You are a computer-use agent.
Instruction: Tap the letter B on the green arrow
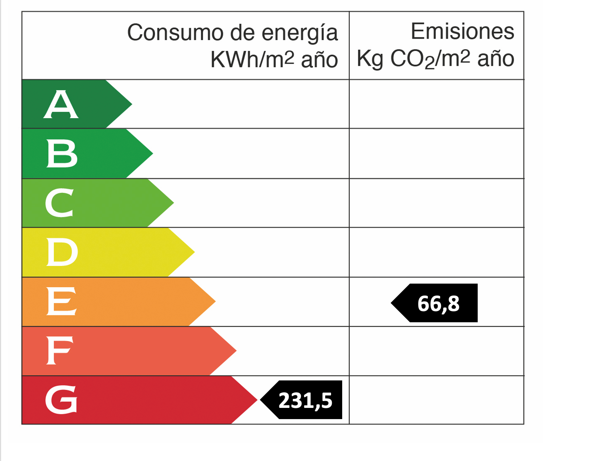(x=62, y=154)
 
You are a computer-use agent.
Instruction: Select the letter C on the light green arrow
(x=60, y=203)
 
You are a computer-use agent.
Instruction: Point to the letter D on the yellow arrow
(x=62, y=252)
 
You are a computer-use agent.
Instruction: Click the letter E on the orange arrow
(x=61, y=301)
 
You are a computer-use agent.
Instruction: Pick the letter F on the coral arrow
(x=60, y=350)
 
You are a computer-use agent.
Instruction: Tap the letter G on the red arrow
(x=61, y=400)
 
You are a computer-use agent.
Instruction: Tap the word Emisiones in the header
(x=462, y=31)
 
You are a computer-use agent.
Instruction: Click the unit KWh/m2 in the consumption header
(x=252, y=59)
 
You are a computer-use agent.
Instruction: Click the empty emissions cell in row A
(x=436, y=104)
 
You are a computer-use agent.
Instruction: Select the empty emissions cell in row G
(x=436, y=400)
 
